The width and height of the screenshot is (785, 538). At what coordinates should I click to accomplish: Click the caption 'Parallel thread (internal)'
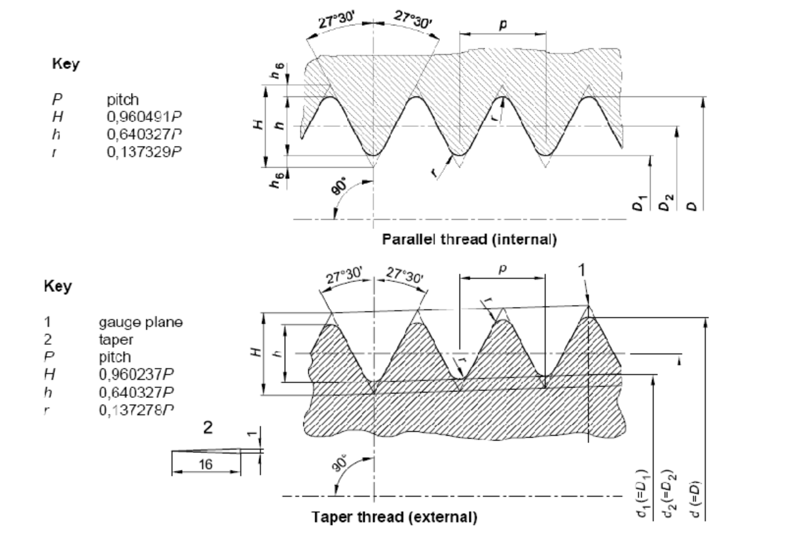pyautogui.click(x=469, y=240)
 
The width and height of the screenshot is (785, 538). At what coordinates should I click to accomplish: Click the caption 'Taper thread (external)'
pyautogui.click(x=395, y=516)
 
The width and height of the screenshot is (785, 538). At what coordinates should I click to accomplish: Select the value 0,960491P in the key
pyautogui.click(x=144, y=117)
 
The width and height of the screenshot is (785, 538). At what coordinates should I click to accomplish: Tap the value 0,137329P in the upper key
pyautogui.click(x=144, y=152)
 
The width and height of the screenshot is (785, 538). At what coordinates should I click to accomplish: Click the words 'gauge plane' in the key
pyautogui.click(x=141, y=322)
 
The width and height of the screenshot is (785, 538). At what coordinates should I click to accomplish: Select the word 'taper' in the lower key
pyautogui.click(x=116, y=340)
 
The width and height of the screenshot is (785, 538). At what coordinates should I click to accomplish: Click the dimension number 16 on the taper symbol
pyautogui.click(x=206, y=465)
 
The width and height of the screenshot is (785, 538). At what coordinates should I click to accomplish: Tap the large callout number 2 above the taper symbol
pyautogui.click(x=208, y=427)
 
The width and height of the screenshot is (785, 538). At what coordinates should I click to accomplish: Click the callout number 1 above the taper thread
pyautogui.click(x=582, y=270)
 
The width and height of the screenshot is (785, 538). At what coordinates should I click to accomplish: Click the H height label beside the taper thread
pyautogui.click(x=256, y=352)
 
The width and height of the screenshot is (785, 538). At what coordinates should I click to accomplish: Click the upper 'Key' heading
pyautogui.click(x=65, y=64)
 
